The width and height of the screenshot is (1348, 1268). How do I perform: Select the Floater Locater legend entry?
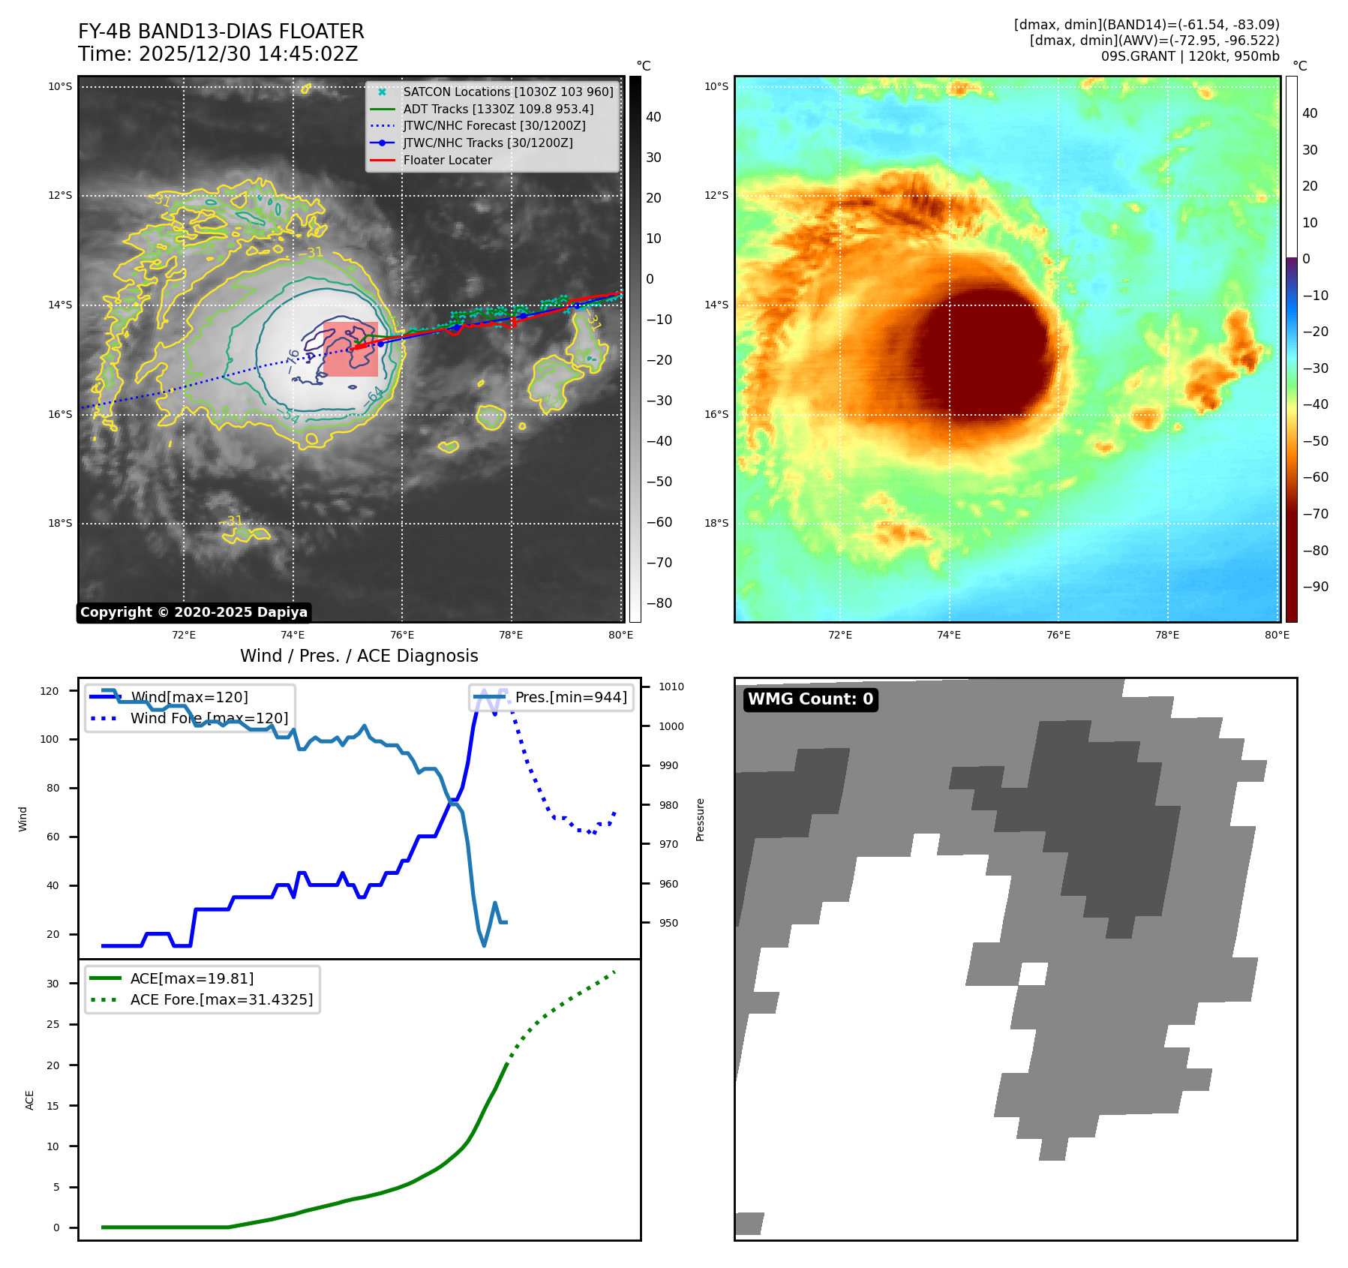tap(447, 160)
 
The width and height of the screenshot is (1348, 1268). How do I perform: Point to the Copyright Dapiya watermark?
tap(194, 612)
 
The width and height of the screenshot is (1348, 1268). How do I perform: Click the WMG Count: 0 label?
tap(810, 699)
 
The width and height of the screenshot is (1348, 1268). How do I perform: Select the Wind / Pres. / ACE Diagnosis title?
tap(359, 656)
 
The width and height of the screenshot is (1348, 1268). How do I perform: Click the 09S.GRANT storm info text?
tap(1190, 56)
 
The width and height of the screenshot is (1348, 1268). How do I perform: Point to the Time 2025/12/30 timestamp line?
tap(218, 54)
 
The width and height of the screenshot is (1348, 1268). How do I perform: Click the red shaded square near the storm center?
tap(351, 349)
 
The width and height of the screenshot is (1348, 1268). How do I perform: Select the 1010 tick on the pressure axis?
tap(671, 687)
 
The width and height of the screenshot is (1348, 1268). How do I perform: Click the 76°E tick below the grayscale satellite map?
tap(402, 635)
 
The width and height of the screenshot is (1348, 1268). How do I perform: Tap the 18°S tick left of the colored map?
tap(716, 523)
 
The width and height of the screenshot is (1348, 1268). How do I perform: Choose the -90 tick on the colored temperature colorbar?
tap(1315, 587)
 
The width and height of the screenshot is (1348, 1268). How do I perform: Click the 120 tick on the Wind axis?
tap(50, 691)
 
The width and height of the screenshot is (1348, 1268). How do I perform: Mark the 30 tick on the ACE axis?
tap(53, 984)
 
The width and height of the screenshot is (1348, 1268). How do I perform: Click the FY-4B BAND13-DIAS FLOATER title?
tap(221, 32)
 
